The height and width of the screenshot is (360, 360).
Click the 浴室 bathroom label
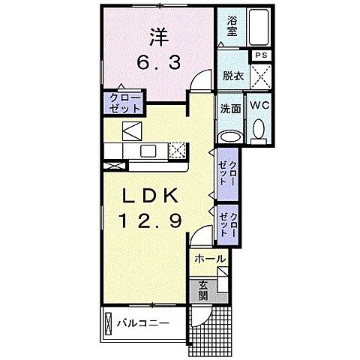[231, 27]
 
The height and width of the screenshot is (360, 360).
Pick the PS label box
[260, 55]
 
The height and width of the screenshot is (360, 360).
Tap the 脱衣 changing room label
[232, 75]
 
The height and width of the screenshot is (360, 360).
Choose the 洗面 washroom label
[229, 107]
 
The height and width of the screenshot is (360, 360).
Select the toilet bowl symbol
[259, 132]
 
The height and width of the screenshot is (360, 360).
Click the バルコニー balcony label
[142, 324]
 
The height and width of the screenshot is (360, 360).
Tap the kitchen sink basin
[148, 151]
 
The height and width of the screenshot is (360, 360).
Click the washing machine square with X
[260, 76]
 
